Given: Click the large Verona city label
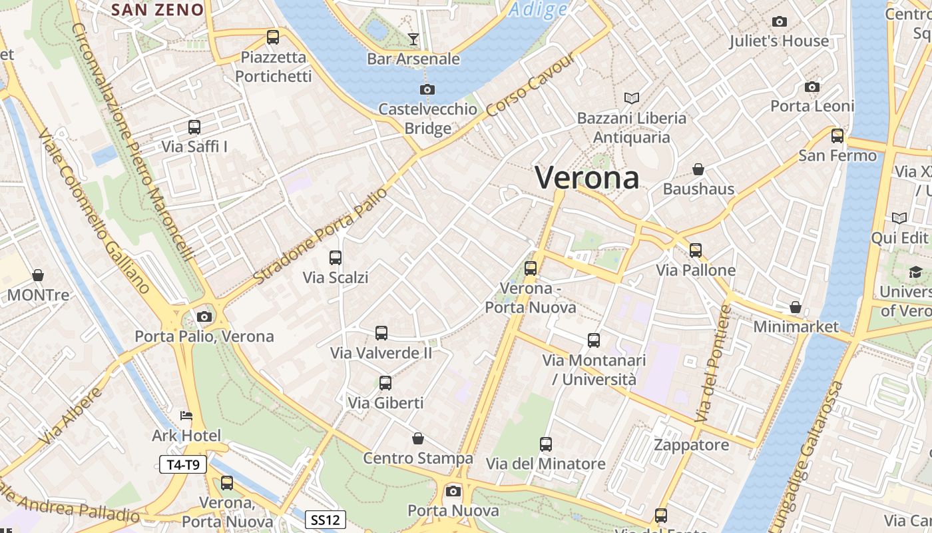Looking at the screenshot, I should pyautogui.click(x=587, y=178).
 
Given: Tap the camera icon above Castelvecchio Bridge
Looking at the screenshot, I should pyautogui.click(x=427, y=89).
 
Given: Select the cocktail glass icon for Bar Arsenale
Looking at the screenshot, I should pyautogui.click(x=413, y=39).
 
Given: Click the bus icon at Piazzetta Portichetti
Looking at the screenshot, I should pyautogui.click(x=273, y=37).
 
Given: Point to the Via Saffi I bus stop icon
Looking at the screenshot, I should pyautogui.click(x=194, y=127).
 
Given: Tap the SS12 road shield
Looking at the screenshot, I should pyautogui.click(x=326, y=519).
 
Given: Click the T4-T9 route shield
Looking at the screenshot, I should pyautogui.click(x=183, y=465).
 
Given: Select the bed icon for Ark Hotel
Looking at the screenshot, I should pyautogui.click(x=186, y=416).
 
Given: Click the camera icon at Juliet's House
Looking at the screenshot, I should pyautogui.click(x=780, y=22).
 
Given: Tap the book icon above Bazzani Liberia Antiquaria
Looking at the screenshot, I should pyautogui.click(x=632, y=99).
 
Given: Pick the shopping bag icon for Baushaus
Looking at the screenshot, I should pyautogui.click(x=698, y=170).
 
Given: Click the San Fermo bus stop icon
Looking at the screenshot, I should pyautogui.click(x=837, y=136).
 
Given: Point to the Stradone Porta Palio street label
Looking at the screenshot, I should pyautogui.click(x=321, y=235).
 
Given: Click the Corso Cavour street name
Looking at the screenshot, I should pyautogui.click(x=531, y=85).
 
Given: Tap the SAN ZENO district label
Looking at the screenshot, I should pyautogui.click(x=158, y=9).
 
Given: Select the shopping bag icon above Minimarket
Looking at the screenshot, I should pyautogui.click(x=796, y=307).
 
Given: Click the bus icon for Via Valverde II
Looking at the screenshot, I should pyautogui.click(x=381, y=333).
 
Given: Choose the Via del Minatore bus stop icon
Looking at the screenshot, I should pyautogui.click(x=546, y=444).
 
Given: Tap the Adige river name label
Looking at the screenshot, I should pyautogui.click(x=539, y=9).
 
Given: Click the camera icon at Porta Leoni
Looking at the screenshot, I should pyautogui.click(x=812, y=87).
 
